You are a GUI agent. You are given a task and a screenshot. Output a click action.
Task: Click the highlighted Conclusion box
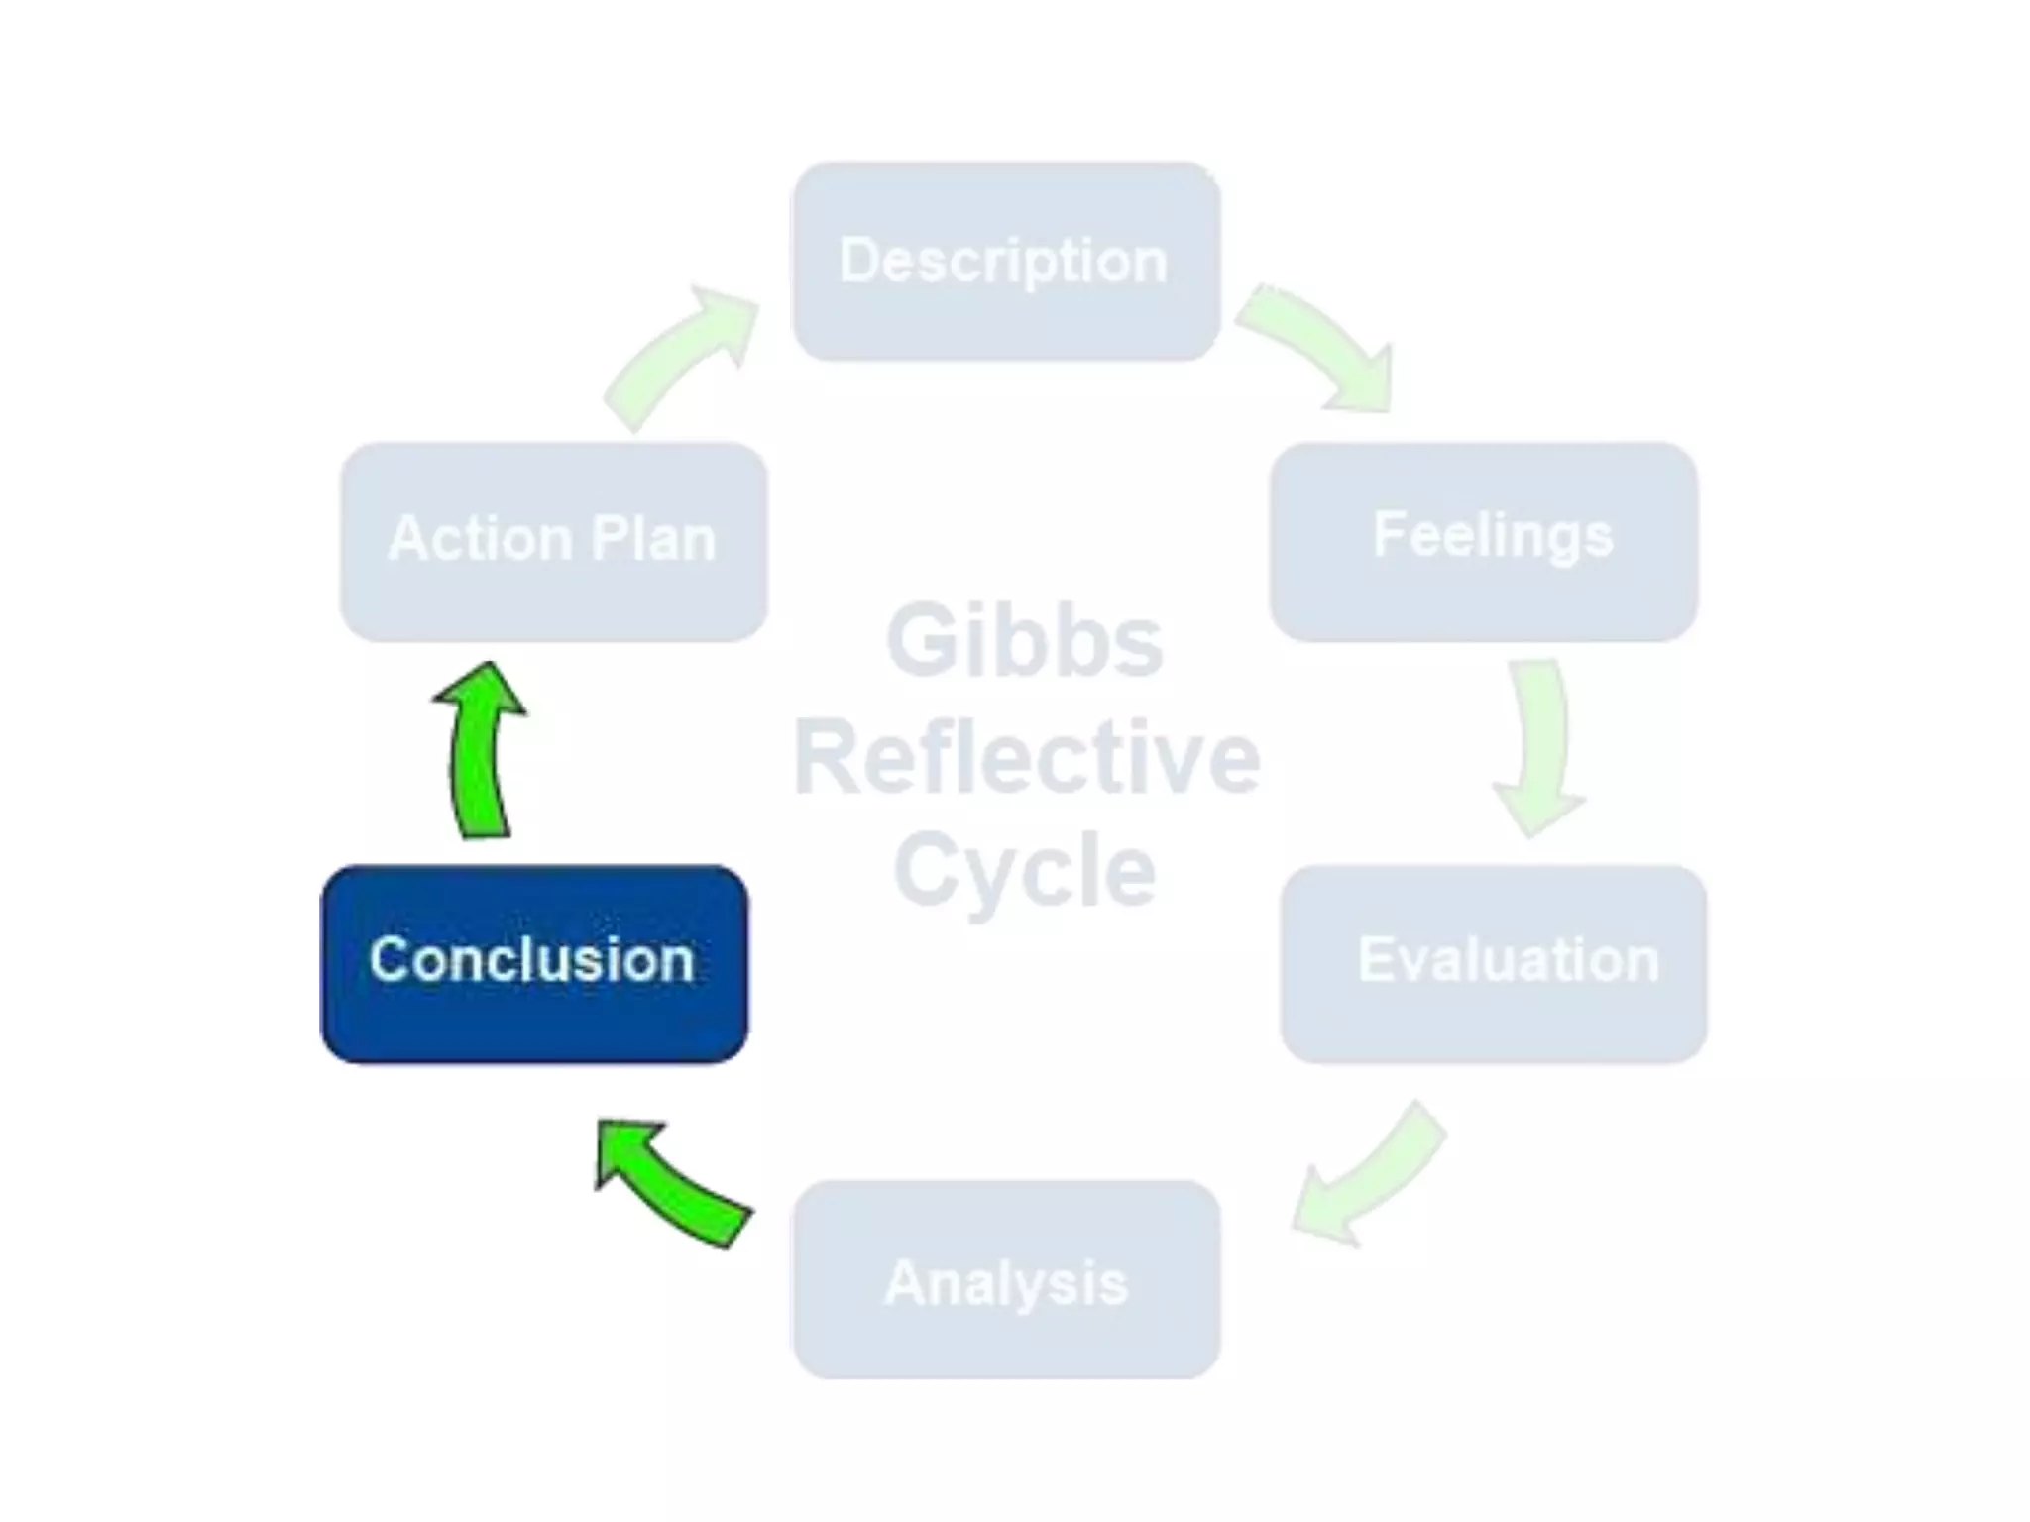pos(534,964)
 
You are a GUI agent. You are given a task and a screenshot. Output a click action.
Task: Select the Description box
pos(1005,261)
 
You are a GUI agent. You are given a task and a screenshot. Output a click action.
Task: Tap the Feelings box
pos(1484,541)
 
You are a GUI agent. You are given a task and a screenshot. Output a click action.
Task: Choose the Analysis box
pos(1005,1279)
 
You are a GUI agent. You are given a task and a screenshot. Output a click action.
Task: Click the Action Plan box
pos(553,541)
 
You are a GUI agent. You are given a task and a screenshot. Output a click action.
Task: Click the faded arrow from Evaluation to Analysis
pos(1368,1174)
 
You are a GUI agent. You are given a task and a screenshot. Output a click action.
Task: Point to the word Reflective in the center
pos(1026,759)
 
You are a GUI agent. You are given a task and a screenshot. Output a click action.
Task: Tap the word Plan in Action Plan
pos(653,539)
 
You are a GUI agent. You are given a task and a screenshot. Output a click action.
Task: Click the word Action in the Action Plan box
pos(480,539)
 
